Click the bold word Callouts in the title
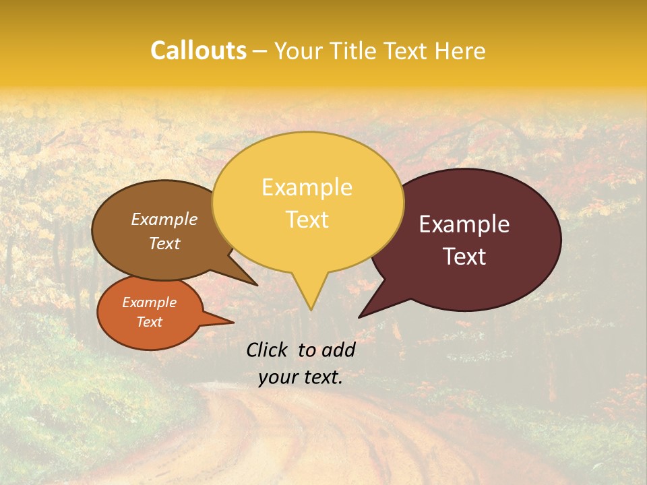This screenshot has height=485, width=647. (x=198, y=51)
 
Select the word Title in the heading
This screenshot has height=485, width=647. (x=356, y=51)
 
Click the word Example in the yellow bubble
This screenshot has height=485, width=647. (x=307, y=187)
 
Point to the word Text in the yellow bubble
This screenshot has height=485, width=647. (x=307, y=220)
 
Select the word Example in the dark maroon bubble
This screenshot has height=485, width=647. (x=464, y=224)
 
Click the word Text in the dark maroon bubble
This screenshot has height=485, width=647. (x=464, y=257)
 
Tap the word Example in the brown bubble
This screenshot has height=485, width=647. (x=164, y=219)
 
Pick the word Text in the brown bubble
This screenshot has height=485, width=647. (x=164, y=243)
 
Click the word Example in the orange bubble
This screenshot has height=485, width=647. (x=150, y=302)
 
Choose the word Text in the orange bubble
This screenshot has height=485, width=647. (x=150, y=321)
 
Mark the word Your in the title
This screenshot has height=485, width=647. (x=298, y=51)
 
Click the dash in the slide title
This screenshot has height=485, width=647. (x=261, y=51)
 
